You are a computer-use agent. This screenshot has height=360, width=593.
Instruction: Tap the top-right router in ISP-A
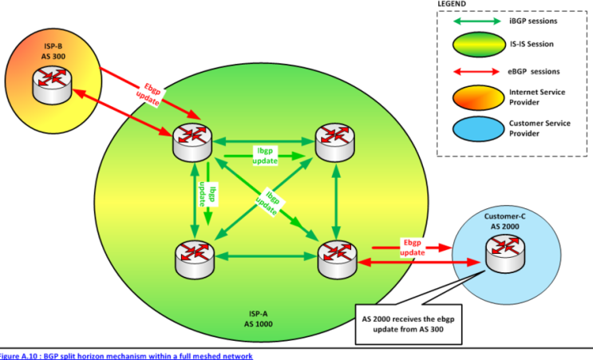click(x=337, y=142)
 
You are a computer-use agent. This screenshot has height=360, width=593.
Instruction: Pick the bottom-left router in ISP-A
click(x=194, y=259)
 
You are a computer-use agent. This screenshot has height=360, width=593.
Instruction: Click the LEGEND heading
click(x=455, y=4)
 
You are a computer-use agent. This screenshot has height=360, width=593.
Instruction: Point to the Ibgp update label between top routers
click(x=265, y=155)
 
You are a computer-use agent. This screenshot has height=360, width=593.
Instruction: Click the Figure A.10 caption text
click(x=126, y=355)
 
